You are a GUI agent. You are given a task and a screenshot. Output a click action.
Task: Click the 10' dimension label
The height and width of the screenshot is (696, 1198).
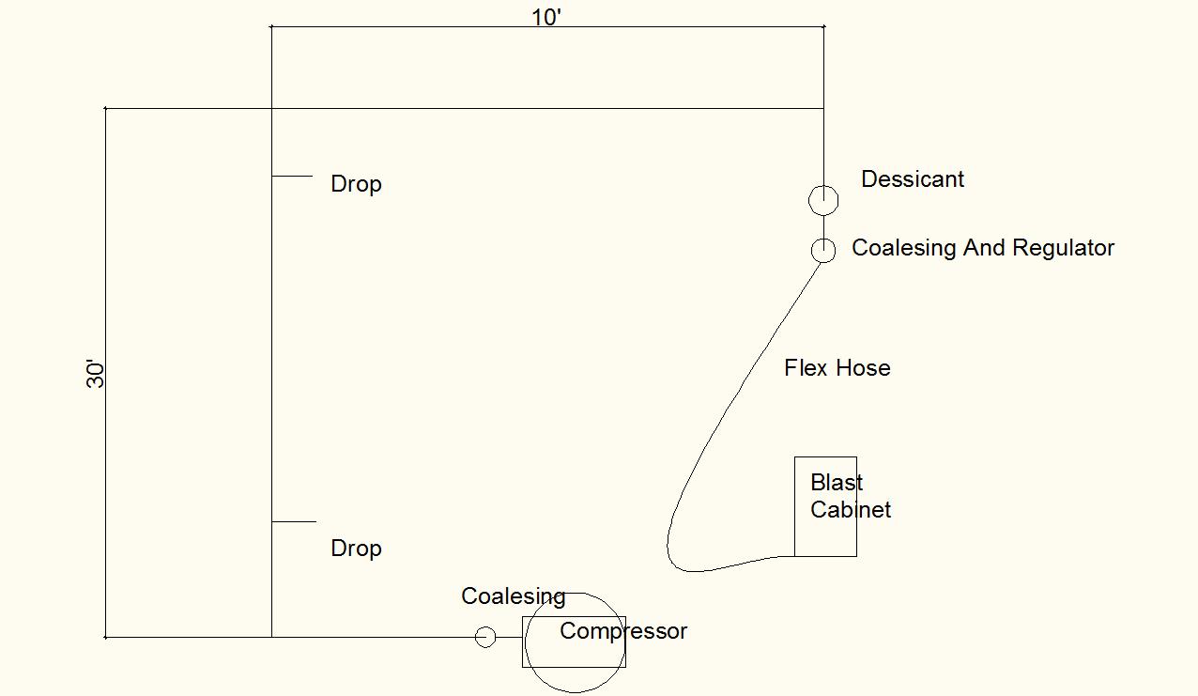click(546, 18)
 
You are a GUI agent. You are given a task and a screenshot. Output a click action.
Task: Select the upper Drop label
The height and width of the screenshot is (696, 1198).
click(356, 184)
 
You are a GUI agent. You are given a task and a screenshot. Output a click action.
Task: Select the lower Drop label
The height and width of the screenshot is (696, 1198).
click(356, 549)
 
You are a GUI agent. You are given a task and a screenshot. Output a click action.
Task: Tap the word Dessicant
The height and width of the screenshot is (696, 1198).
click(913, 179)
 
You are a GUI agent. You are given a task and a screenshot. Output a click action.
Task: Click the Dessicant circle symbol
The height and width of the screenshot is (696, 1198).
click(823, 200)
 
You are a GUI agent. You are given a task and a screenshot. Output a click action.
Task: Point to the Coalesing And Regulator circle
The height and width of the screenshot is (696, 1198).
click(823, 250)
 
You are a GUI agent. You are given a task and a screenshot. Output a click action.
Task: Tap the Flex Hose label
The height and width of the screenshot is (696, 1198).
click(837, 368)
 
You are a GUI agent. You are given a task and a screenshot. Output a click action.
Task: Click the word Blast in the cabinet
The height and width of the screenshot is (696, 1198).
click(837, 483)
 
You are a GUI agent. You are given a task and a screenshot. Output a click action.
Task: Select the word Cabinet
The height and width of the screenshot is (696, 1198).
click(851, 510)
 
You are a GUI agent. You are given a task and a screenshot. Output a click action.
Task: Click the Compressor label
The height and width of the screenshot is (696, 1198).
click(623, 631)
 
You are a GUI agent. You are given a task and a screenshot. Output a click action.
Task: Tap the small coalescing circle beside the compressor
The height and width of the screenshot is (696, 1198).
click(485, 637)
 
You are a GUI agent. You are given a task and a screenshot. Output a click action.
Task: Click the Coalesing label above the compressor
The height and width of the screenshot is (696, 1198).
click(513, 596)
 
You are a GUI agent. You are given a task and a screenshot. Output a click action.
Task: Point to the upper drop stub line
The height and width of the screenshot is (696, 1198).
click(292, 176)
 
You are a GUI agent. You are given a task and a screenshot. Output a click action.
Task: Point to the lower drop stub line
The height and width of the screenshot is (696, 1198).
click(294, 521)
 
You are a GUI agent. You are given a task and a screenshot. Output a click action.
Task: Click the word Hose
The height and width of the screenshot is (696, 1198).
click(864, 368)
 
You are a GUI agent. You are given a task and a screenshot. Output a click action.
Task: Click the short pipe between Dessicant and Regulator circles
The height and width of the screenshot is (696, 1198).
click(823, 226)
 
